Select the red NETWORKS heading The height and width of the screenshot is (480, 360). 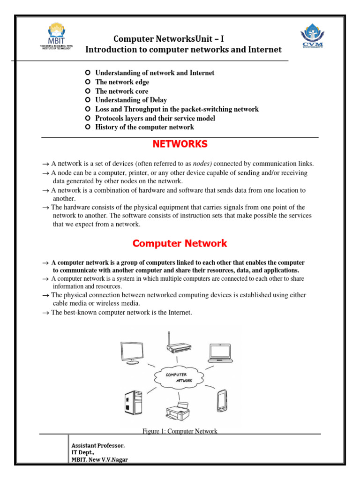tap(180, 144)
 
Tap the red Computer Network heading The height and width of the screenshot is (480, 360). tap(180, 244)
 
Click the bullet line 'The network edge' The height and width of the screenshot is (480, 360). tap(122, 82)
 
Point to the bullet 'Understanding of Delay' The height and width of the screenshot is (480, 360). tap(131, 100)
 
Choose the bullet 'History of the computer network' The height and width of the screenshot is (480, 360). tap(144, 127)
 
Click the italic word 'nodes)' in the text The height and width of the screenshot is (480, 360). tap(202, 164)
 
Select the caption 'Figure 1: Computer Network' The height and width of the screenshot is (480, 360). tap(180, 431)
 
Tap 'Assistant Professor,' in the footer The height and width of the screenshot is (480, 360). tap(98, 445)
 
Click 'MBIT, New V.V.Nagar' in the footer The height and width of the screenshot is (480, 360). tap(99, 459)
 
